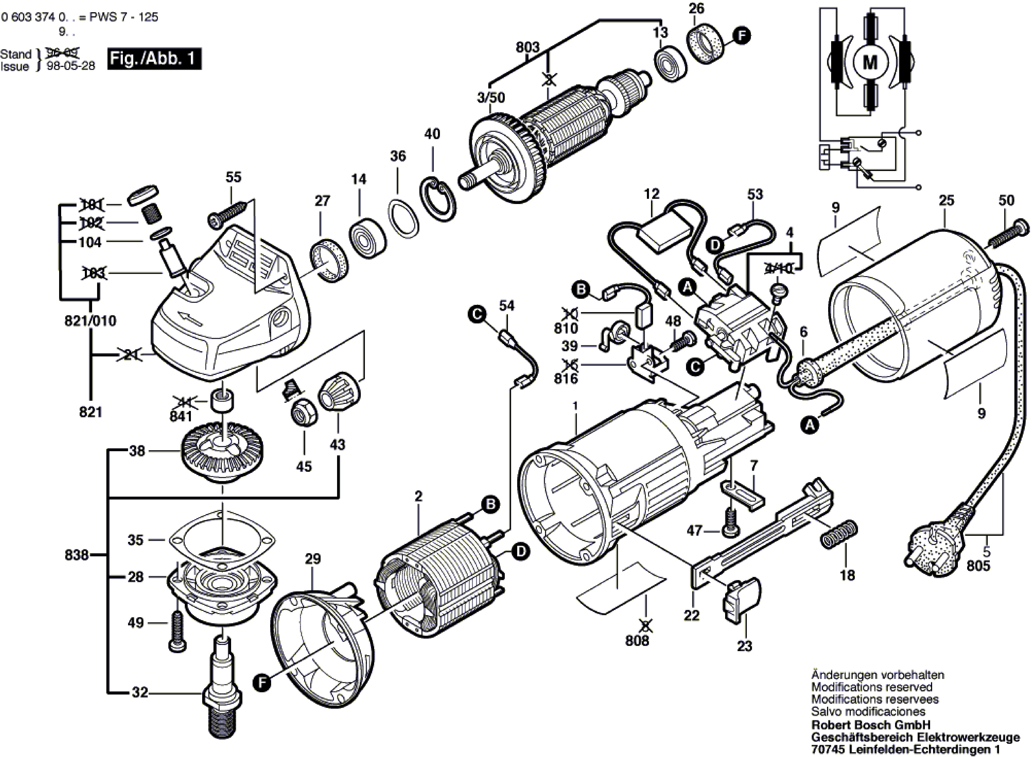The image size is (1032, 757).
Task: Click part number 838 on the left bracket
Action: point(77,555)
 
